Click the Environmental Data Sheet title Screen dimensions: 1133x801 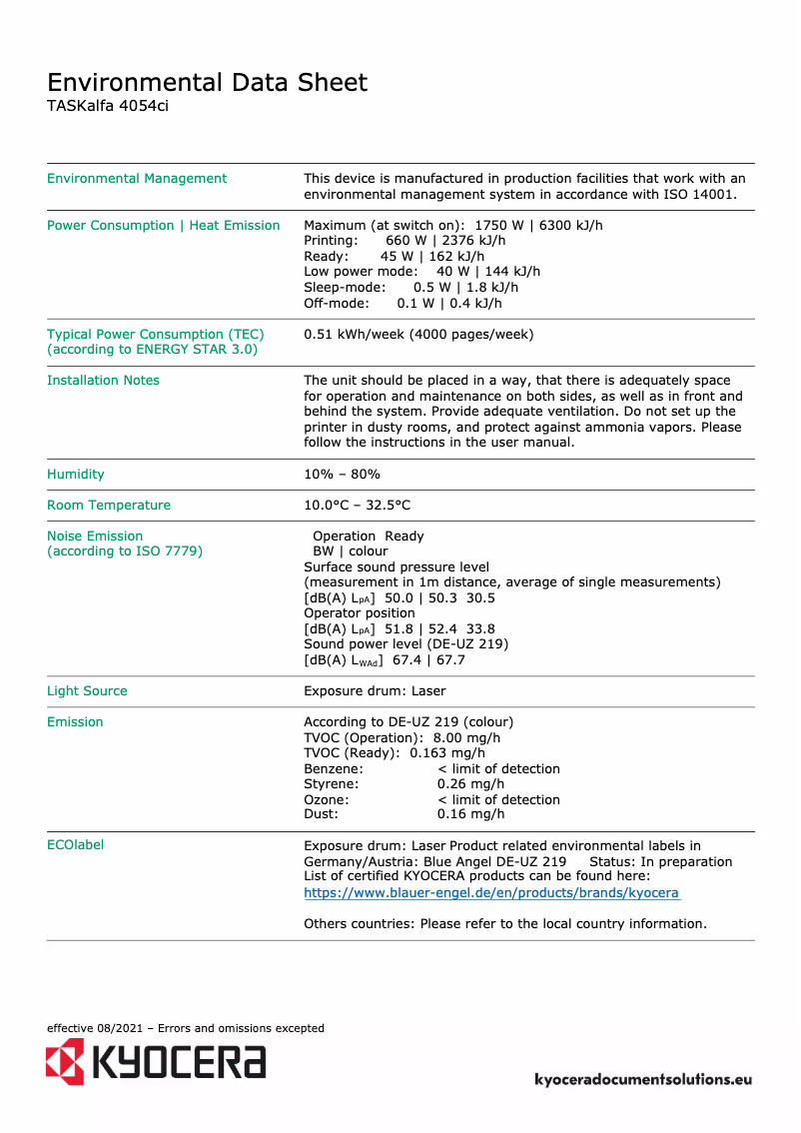pyautogui.click(x=207, y=82)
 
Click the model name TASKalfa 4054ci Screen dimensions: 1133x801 pyautogui.click(x=108, y=106)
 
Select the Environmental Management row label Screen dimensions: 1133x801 pyautogui.click(x=137, y=179)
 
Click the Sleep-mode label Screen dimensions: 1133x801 pyautogui.click(x=344, y=288)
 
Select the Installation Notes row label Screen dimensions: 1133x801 pyautogui.click(x=103, y=381)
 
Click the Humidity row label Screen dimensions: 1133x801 pyautogui.click(x=75, y=475)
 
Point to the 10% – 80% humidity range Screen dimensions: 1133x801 pyautogui.click(x=342, y=475)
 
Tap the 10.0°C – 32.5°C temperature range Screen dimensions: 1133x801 pyautogui.click(x=357, y=506)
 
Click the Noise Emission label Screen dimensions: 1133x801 pyautogui.click(x=95, y=537)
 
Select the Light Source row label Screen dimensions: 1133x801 pyautogui.click(x=87, y=691)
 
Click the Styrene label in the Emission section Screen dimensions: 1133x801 pyautogui.click(x=331, y=784)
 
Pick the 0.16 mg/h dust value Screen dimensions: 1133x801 pyautogui.click(x=470, y=815)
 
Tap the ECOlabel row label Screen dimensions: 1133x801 pyautogui.click(x=75, y=845)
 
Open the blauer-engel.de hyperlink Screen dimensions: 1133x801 pyautogui.click(x=491, y=893)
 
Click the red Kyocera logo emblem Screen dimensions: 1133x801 pyautogui.click(x=65, y=1061)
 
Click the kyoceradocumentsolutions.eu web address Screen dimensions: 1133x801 pyautogui.click(x=643, y=1080)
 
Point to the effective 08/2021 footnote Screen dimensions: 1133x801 pyautogui.click(x=185, y=1028)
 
